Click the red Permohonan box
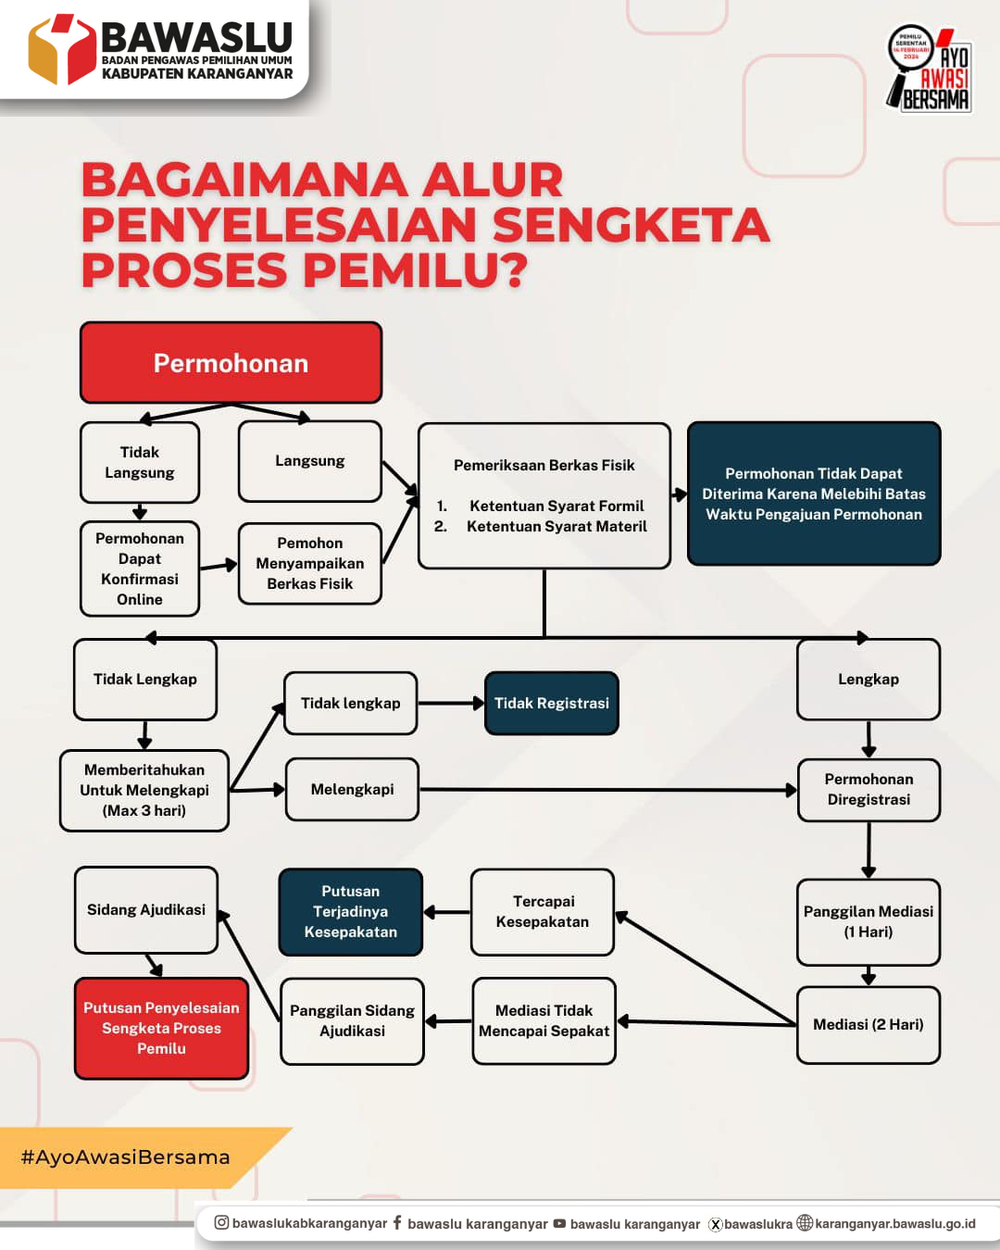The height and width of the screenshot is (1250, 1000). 231,363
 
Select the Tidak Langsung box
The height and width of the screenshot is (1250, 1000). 140,462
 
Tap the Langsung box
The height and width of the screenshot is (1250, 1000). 309,461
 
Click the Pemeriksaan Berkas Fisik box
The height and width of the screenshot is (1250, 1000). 544,495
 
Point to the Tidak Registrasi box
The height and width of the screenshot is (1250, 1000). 551,704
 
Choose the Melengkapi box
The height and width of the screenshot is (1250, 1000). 352,790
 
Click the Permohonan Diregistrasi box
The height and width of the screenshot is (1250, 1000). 869,790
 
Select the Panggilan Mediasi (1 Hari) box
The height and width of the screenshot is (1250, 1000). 869,921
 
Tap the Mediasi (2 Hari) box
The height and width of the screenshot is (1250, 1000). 869,1024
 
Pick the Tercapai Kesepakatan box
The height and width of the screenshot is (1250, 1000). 543,912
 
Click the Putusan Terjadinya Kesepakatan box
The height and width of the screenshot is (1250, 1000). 351,912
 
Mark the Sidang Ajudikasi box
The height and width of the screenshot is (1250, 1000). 146,910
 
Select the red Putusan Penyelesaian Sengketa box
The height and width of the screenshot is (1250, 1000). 161,1028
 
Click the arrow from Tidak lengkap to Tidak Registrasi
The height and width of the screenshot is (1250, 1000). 451,704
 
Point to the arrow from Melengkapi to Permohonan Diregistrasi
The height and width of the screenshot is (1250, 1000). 606,790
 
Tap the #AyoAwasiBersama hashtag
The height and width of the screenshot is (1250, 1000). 126,1157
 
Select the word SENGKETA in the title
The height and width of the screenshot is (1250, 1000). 631,226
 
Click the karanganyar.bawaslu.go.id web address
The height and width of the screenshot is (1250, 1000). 894,1224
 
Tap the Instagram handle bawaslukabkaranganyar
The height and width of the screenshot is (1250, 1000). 309,1224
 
